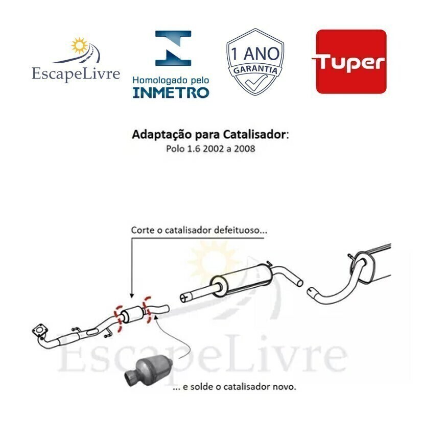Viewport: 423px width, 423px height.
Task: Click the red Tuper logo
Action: coord(351,62)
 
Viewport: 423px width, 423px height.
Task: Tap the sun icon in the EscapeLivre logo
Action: coord(79,45)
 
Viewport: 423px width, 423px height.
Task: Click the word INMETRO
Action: coord(171,92)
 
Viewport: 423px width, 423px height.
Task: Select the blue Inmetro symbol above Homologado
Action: coord(173,48)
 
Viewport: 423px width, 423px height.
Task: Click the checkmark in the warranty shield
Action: coord(255,82)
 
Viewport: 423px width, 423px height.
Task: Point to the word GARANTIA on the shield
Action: coord(255,69)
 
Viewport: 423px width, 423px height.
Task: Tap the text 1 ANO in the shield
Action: coord(255,54)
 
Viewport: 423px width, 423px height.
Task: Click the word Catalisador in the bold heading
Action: coord(254,134)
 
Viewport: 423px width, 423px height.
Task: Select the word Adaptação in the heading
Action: coord(161,135)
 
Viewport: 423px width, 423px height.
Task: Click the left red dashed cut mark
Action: coord(119,319)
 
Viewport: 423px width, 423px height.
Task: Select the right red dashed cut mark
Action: coord(147,309)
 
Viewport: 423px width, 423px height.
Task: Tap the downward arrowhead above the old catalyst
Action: coord(132,295)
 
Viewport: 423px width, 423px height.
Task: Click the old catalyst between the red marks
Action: coord(133,314)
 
